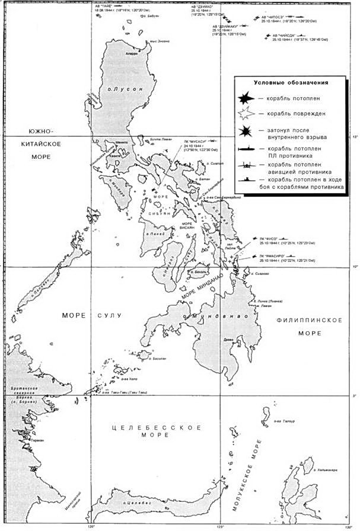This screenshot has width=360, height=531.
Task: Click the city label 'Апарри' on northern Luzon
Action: point(132,53)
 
